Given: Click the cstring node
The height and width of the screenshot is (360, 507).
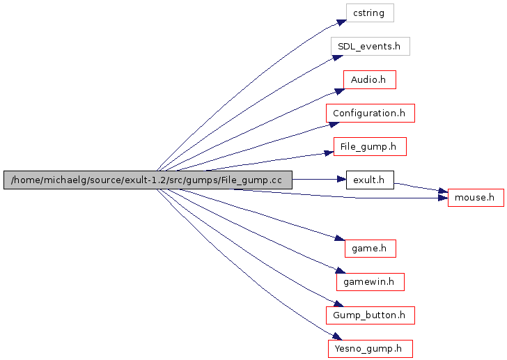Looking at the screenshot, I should tap(370, 13).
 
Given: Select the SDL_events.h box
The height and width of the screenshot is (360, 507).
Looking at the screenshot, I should tap(370, 46).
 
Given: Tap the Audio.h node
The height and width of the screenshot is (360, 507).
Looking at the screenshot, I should tap(369, 79).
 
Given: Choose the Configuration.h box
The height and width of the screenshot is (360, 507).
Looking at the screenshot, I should tap(370, 113).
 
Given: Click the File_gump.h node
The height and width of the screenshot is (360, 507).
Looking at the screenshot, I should tap(369, 146).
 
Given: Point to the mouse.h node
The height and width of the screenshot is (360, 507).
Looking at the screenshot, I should tap(475, 197).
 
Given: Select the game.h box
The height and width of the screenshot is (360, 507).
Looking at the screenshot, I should tap(370, 247).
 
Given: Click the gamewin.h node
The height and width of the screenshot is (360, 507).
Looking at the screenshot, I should tap(370, 281).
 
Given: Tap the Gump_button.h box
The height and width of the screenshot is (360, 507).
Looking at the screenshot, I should tap(370, 315).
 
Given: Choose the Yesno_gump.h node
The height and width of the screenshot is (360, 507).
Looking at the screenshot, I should tap(370, 348).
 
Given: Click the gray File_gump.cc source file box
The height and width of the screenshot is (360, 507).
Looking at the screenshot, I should tap(148, 180).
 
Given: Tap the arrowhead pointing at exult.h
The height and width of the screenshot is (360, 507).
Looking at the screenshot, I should tap(341, 180).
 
